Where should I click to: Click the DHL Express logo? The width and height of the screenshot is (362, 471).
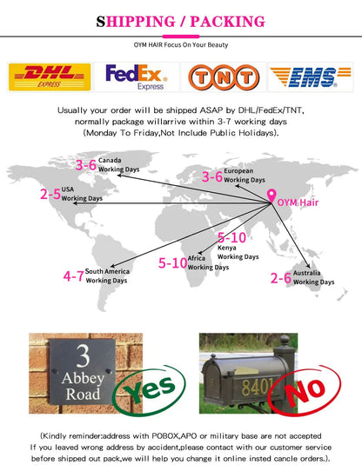[50, 76]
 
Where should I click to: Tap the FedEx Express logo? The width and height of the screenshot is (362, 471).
[137, 76]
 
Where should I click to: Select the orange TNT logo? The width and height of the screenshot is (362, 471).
[224, 77]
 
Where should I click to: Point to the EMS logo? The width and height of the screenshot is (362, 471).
[311, 76]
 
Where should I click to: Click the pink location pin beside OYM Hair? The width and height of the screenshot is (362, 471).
[271, 196]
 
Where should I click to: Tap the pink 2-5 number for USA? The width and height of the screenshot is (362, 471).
[50, 194]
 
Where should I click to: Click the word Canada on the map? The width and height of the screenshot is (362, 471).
[110, 160]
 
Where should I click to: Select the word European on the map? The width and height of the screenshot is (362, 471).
[238, 171]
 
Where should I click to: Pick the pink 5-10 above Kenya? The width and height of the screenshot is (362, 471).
[231, 237]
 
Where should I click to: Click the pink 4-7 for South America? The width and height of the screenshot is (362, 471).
[73, 276]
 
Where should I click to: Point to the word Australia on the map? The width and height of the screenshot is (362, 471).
[306, 273]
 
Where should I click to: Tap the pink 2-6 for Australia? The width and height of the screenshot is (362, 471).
[281, 278]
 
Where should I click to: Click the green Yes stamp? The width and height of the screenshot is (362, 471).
[149, 390]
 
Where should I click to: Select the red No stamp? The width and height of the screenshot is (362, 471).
[305, 390]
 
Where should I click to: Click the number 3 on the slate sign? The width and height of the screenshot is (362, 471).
[83, 356]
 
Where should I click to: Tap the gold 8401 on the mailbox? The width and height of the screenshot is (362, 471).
[258, 387]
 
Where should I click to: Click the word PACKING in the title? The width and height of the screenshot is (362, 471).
[227, 22]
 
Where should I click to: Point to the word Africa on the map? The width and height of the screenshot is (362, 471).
[196, 258]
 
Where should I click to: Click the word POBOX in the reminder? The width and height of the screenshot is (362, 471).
[165, 436]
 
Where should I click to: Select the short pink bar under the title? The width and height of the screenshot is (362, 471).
[181, 36]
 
